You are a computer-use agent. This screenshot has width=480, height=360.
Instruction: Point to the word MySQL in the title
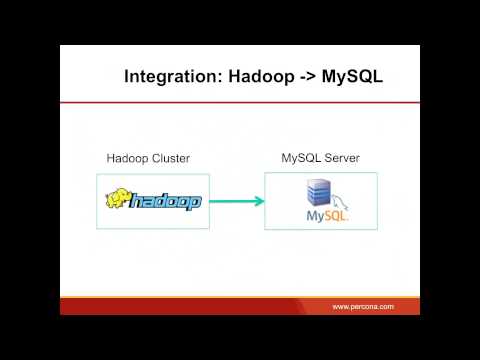(352, 77)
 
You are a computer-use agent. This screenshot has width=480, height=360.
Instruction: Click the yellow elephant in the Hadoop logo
(120, 199)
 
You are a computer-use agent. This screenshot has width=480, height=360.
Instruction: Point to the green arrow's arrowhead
(259, 201)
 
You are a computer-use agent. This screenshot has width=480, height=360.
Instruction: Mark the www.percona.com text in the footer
(363, 306)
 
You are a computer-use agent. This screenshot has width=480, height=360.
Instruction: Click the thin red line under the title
(240, 101)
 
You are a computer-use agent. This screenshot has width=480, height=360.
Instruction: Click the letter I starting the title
(127, 77)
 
